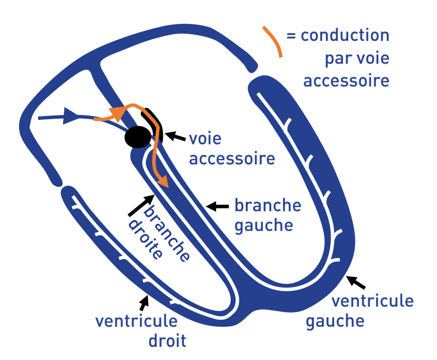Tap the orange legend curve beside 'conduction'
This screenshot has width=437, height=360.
click(274, 41)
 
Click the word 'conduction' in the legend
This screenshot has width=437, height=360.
click(345, 36)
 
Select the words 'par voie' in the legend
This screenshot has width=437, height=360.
click(357, 58)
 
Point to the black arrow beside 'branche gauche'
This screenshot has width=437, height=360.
click(218, 206)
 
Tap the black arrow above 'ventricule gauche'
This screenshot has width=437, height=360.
click(357, 282)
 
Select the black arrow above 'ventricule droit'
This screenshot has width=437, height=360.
click(144, 302)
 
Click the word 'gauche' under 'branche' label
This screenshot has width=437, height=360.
click(264, 224)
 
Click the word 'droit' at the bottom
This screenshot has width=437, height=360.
click(168, 341)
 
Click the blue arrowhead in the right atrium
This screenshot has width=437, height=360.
click(70, 115)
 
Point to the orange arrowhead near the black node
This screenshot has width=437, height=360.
click(116, 113)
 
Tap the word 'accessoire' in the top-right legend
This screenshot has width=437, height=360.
click(347, 81)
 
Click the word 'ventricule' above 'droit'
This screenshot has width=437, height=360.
click(136, 321)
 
